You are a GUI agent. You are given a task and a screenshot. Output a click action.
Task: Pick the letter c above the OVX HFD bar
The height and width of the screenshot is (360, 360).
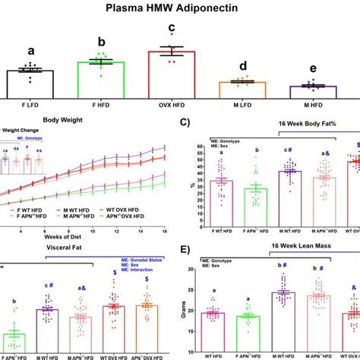(172, 28)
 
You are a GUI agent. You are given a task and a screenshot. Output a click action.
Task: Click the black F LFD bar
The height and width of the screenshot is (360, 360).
(30, 82)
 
